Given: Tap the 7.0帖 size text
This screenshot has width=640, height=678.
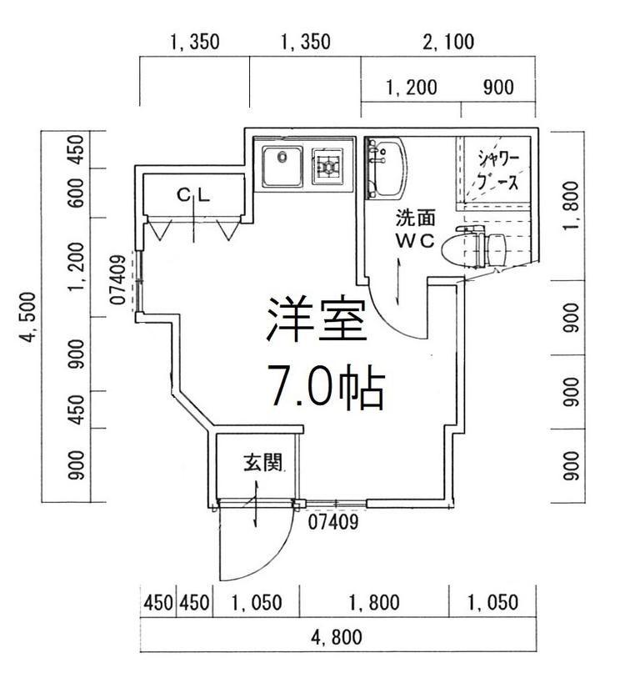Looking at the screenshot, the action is (x=327, y=386).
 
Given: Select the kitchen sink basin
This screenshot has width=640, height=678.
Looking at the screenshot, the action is (x=282, y=166).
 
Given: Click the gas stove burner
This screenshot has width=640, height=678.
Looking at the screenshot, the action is (x=328, y=166).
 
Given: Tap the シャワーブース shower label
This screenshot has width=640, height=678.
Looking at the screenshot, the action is (x=497, y=170).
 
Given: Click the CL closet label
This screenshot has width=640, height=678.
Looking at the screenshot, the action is (x=193, y=195).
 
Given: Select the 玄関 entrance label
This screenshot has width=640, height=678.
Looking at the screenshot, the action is (x=262, y=463).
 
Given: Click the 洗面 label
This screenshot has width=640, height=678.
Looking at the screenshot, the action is (x=415, y=218).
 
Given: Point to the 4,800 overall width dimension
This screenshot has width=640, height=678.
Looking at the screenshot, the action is (x=337, y=637).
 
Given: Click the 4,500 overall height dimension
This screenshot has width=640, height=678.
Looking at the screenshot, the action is (x=29, y=317).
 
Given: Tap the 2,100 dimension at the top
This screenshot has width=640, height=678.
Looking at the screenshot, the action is (x=448, y=42).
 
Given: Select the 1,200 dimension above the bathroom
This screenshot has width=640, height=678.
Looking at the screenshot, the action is (x=411, y=88).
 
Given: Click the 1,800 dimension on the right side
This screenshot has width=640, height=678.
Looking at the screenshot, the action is (x=571, y=206).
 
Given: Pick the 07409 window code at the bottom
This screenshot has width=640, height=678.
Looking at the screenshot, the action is (x=333, y=522).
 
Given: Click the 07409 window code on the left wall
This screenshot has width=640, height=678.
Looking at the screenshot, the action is (x=118, y=279).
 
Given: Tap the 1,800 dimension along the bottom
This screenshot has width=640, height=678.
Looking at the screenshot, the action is (x=374, y=602).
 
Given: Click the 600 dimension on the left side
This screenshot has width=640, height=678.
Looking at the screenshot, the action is (x=77, y=193).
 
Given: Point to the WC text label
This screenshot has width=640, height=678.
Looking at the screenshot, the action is (x=415, y=241).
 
